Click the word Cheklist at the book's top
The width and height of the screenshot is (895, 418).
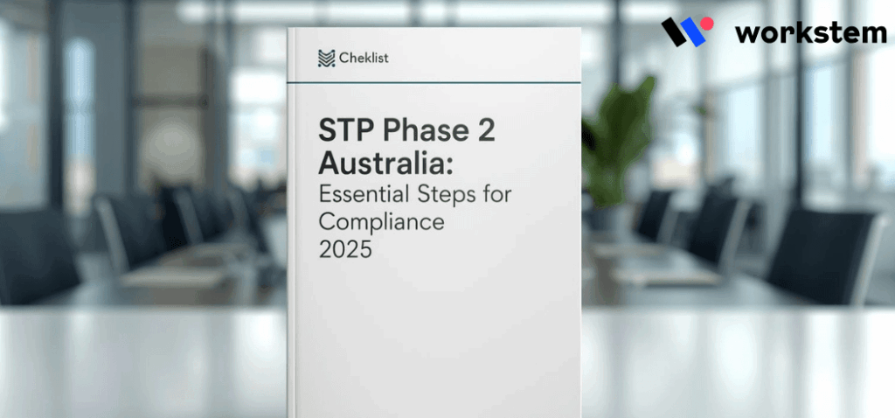tap(365, 58)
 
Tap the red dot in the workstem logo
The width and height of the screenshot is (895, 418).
tap(706, 24)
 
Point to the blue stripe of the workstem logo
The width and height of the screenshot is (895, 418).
tap(695, 35)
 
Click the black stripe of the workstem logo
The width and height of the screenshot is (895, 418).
tap(676, 32)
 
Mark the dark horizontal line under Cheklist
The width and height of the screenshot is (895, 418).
tap(434, 83)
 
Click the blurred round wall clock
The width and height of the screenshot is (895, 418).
tap(171, 144)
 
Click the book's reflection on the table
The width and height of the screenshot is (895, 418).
tap(434, 367)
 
